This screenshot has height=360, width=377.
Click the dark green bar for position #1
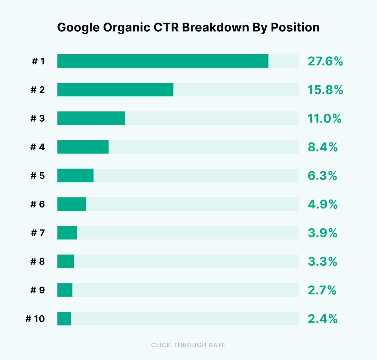pyautogui.click(x=163, y=61)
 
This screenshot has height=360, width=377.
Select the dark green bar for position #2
pyautogui.click(x=115, y=90)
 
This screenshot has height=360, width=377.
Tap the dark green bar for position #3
pyautogui.click(x=91, y=118)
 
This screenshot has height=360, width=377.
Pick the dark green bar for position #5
pyautogui.click(x=75, y=175)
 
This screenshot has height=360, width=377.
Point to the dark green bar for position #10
pyautogui.click(x=64, y=319)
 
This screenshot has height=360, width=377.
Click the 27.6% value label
pyautogui.click(x=325, y=61)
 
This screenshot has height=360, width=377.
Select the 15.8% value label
pyautogui.click(x=325, y=90)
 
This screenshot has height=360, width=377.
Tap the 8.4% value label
pyautogui.click(x=323, y=147)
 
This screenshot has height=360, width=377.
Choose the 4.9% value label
pyautogui.click(x=323, y=204)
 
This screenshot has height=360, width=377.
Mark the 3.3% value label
pyautogui.click(x=322, y=261)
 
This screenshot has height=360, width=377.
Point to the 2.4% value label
pyautogui.click(x=323, y=319)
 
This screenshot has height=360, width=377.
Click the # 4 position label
pyautogui.click(x=38, y=147)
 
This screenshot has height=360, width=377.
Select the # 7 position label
pyautogui.click(x=38, y=233)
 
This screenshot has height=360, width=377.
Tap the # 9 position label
pyautogui.click(x=38, y=290)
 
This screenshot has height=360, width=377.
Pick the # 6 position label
pyautogui.click(x=38, y=204)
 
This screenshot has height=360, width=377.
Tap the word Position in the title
pyautogui.click(x=295, y=27)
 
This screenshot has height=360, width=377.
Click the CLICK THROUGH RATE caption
pyautogui.click(x=188, y=345)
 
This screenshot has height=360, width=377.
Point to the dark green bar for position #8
pyautogui.click(x=66, y=261)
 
